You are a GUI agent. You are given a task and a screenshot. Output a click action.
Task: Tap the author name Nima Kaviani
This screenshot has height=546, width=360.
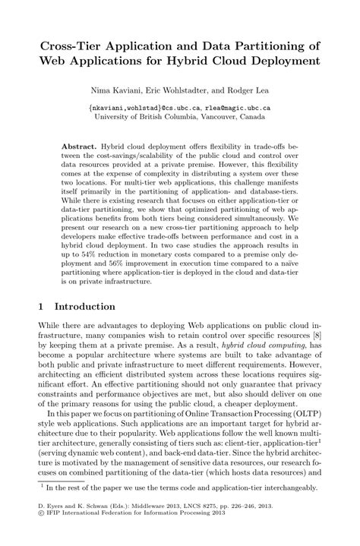[112, 91]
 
